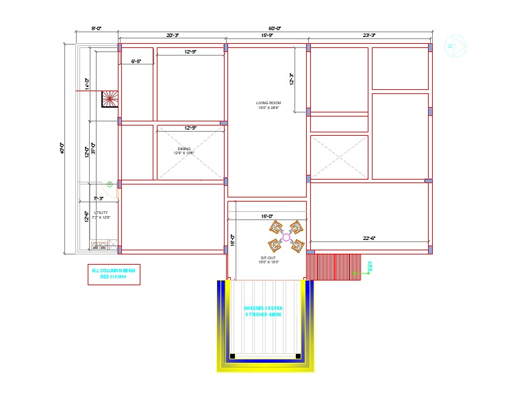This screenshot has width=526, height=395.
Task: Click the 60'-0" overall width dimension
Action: pyautogui.click(x=274, y=28)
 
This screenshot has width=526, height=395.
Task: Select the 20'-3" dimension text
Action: pyautogui.click(x=172, y=35)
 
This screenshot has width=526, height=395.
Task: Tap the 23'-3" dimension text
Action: pyautogui.click(x=368, y=35)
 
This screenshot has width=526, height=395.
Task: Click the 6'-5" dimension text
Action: pyautogui.click(x=136, y=62)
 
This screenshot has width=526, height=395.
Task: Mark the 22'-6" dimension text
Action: pyautogui.click(x=370, y=238)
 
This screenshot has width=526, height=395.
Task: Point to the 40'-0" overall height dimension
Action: pyautogui.click(x=62, y=147)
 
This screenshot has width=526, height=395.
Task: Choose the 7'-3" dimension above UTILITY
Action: pyautogui.click(x=98, y=198)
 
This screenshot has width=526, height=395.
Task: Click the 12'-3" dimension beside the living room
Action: pyautogui.click(x=291, y=80)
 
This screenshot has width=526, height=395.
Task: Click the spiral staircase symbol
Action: pyautogui.click(x=110, y=99)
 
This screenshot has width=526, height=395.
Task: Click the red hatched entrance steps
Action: pyautogui.click(x=333, y=266)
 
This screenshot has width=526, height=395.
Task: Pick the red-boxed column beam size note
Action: pyautogui.click(x=114, y=274)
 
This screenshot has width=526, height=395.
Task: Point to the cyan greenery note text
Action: pyautogui.click(x=264, y=311)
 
